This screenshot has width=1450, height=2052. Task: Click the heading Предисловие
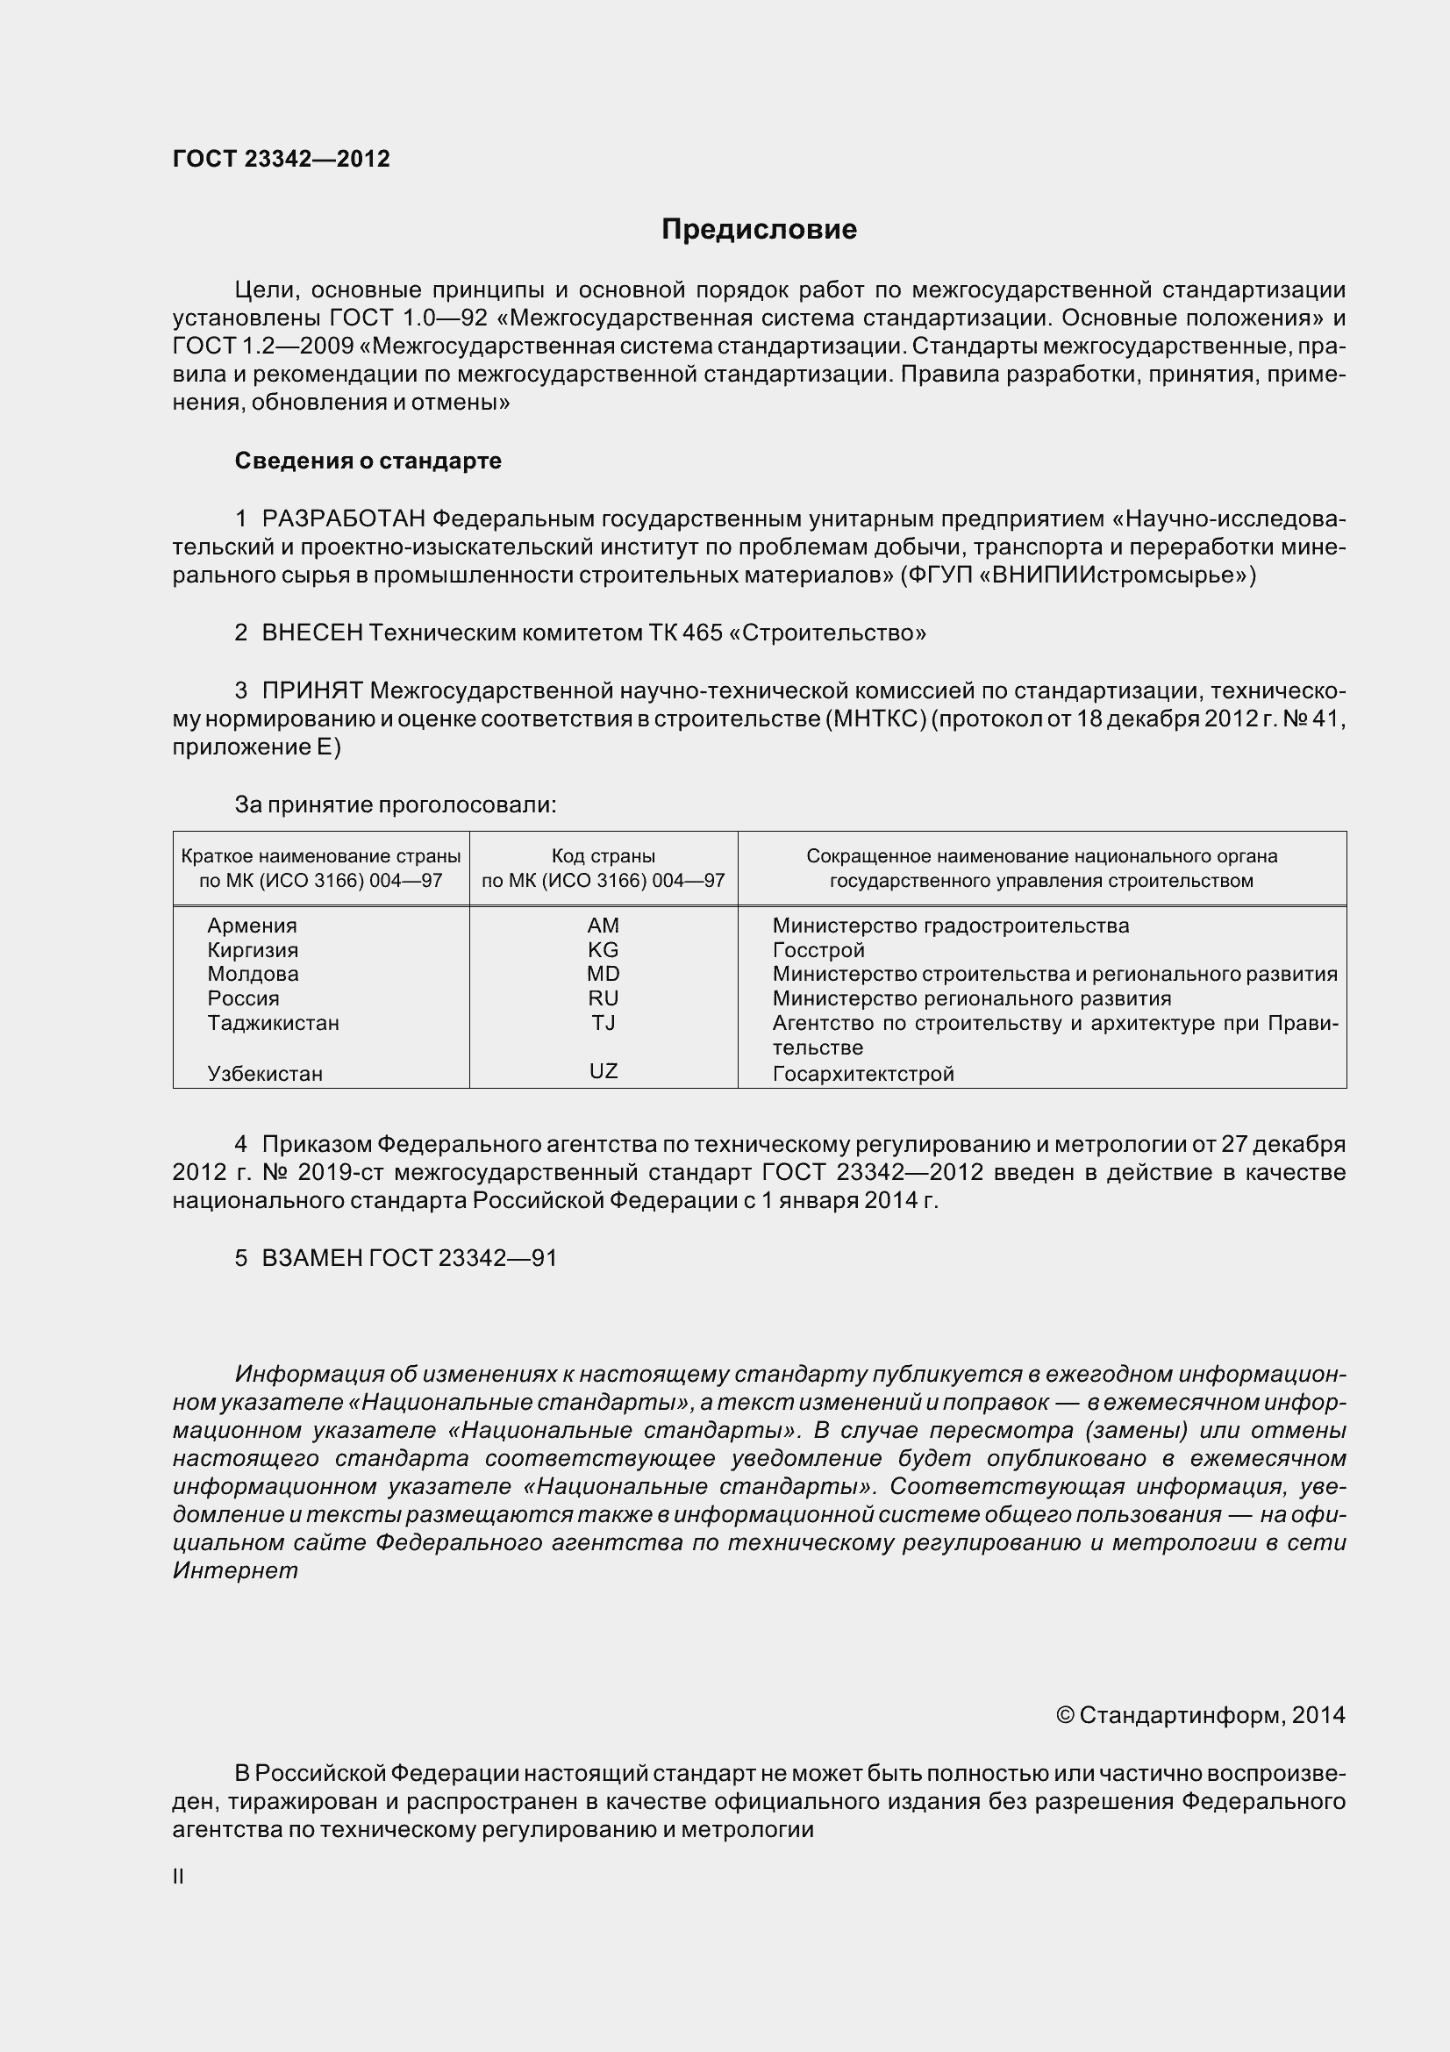(759, 230)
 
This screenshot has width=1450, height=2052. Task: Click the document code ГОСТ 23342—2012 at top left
(282, 159)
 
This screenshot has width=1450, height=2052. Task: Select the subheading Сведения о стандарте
(368, 461)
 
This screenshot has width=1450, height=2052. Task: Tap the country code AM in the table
(603, 926)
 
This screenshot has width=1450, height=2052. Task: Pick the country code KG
(603, 950)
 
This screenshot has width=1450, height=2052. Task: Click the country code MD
(603, 974)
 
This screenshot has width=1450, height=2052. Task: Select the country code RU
(603, 998)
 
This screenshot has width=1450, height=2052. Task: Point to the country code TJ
(603, 1022)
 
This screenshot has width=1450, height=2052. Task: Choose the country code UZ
(603, 1070)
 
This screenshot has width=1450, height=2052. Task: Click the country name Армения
(252, 926)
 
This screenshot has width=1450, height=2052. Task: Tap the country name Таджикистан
(274, 1022)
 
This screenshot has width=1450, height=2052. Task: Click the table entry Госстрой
(818, 950)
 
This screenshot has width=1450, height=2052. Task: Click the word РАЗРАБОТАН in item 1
(344, 518)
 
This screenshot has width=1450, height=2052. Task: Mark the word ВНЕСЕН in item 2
(311, 633)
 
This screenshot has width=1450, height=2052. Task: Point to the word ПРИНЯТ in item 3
(311, 690)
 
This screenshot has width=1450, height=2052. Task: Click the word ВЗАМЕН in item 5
(311, 1257)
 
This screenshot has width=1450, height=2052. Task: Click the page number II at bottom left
(179, 1877)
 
